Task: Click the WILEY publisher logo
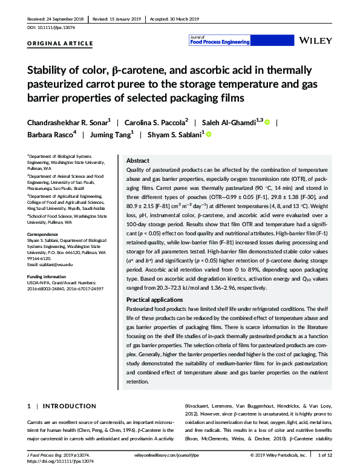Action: point(315,41)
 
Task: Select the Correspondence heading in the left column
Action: point(47,232)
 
